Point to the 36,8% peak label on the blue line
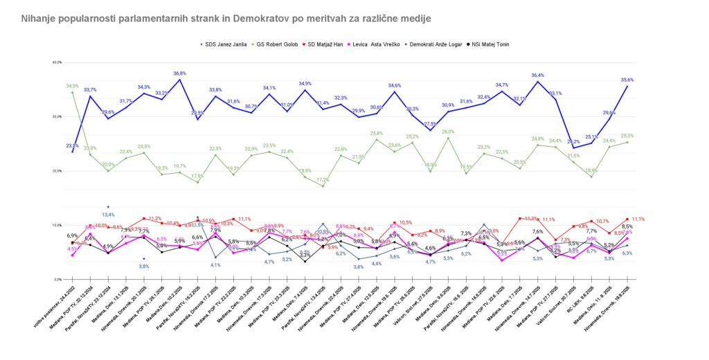[179, 73]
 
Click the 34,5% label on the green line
[72, 86]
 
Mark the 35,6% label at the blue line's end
[627, 80]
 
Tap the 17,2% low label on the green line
[323, 180]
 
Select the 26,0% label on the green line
[448, 132]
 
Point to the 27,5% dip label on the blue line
[430, 124]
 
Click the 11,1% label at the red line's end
[638, 219]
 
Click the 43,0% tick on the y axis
[57, 62]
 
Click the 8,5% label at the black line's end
[627, 226]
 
